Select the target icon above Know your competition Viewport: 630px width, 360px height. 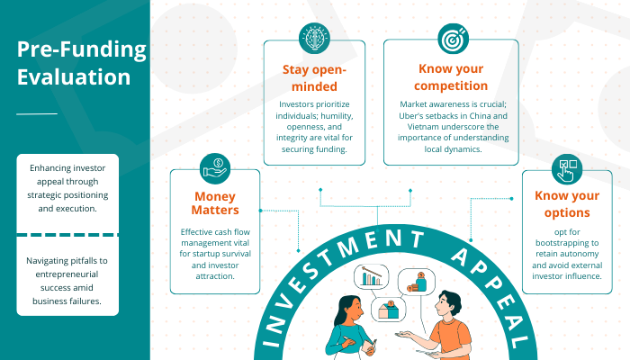click(x=451, y=39)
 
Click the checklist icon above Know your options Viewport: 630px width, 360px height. click(x=568, y=167)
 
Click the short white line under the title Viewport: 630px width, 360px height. click(x=37, y=113)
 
